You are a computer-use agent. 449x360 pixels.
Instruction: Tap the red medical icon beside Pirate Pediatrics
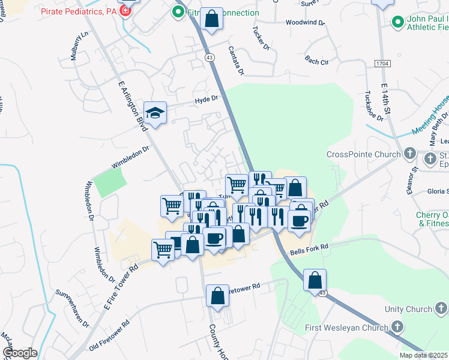pos(125,11)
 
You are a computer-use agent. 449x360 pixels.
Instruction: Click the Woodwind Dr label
pos(305,23)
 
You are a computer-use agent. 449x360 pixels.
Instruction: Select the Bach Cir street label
pos(316,61)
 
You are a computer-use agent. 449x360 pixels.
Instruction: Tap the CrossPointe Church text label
pos(363,154)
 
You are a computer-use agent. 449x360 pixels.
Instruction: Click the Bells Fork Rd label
pos(309,247)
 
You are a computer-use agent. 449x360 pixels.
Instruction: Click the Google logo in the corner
pos(20,353)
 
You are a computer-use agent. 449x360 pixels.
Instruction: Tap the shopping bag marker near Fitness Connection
pos(212,19)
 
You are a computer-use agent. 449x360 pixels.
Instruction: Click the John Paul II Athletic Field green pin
pos(397,22)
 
